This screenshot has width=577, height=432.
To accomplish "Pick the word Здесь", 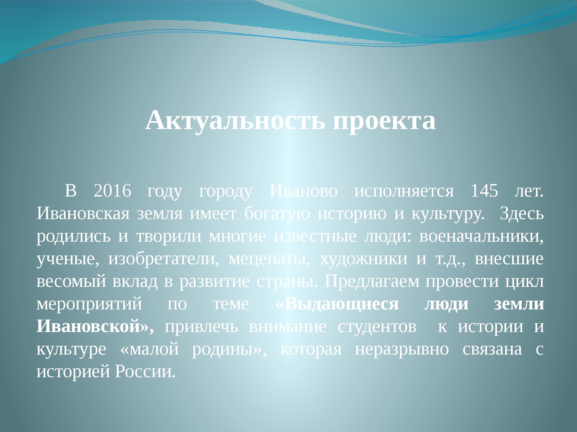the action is tap(521, 214).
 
